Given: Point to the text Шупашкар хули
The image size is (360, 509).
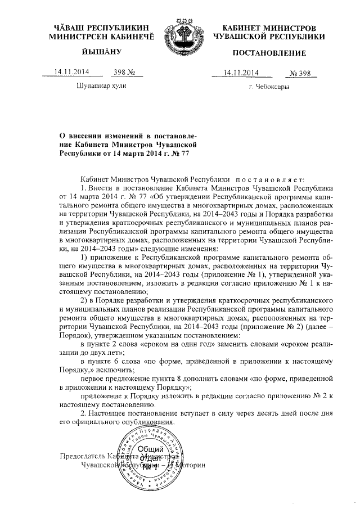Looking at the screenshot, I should [101, 86].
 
